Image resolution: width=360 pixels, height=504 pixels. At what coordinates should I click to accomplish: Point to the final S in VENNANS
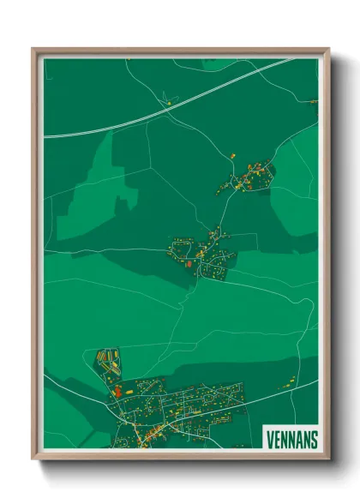coord(314,439)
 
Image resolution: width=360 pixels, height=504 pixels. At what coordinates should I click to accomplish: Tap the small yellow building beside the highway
coord(169,104)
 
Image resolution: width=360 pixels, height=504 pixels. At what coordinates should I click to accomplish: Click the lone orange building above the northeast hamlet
coord(231,155)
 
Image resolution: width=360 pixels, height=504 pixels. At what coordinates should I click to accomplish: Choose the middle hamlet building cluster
coord(204,255)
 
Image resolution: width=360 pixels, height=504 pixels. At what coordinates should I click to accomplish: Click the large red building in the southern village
coord(117,393)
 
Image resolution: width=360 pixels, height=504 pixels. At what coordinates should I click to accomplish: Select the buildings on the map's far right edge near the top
coord(314,102)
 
